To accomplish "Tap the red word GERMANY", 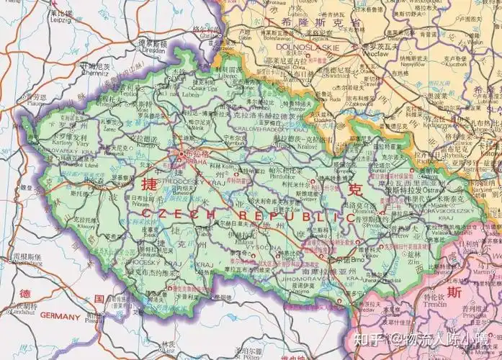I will pyautogui.click(x=60, y=315).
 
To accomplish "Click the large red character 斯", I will pyautogui.click(x=453, y=292).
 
